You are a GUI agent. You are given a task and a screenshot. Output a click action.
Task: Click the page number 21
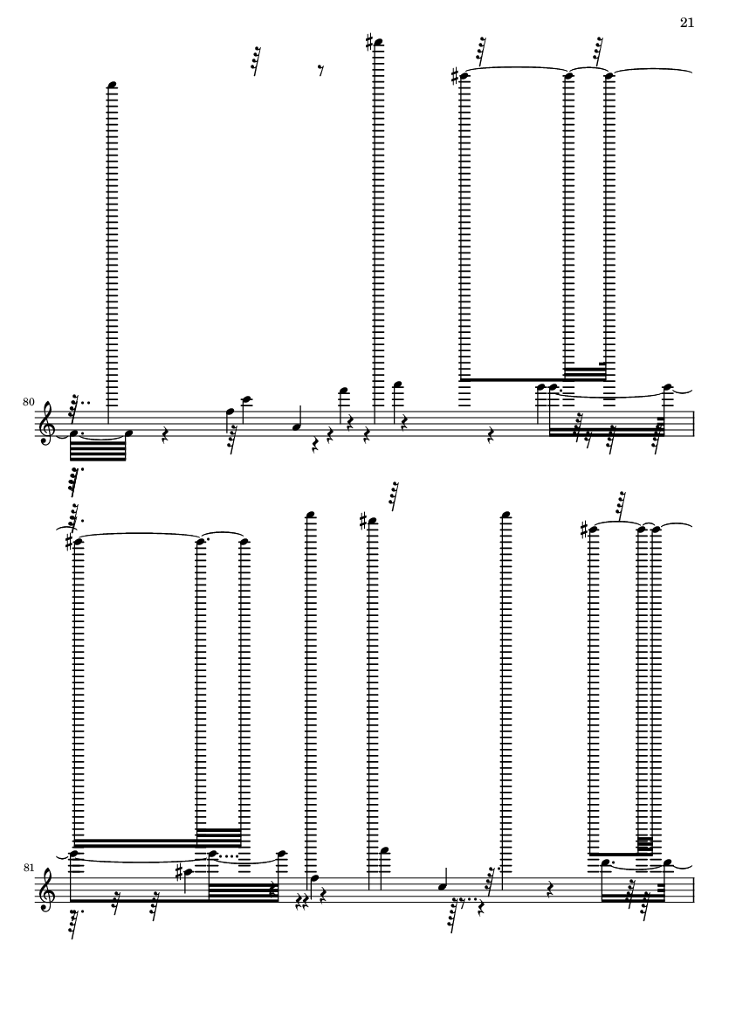click(687, 23)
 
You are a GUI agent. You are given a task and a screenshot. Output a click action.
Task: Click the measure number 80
click(28, 401)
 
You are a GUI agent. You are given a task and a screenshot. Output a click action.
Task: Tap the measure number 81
click(28, 868)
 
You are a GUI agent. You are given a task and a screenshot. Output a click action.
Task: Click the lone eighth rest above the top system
click(320, 71)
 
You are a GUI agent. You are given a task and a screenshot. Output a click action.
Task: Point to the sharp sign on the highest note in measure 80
click(370, 43)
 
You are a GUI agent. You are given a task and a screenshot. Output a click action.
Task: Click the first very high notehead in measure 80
click(113, 85)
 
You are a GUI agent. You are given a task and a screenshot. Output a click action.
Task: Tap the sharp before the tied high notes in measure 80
click(455, 76)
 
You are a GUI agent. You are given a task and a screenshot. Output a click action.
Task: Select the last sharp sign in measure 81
click(584, 530)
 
